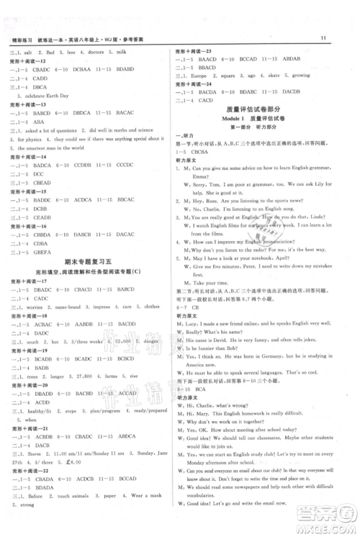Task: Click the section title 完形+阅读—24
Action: tap(193, 84)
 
